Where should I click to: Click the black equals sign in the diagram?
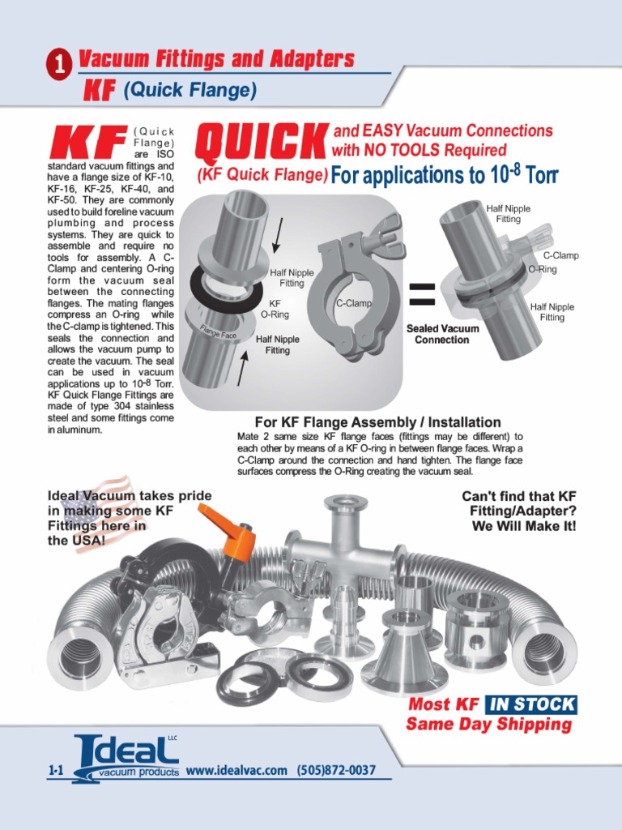pos(423,295)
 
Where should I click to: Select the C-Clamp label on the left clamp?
pos(353,303)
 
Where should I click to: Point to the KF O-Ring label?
pos(275,308)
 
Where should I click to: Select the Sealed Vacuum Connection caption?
pos(441,334)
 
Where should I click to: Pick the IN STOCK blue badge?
pos(532,704)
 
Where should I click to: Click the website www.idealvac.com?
pos(236,770)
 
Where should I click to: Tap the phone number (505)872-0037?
pos(336,770)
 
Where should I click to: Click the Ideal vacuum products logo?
pos(127,759)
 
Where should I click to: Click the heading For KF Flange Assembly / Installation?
pos(377,422)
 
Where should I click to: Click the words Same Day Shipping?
pos(488,724)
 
